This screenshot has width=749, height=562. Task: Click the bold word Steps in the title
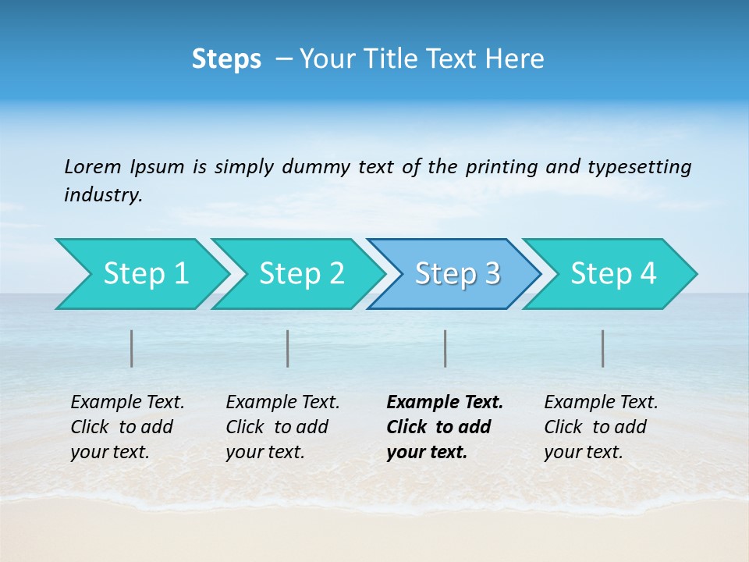tap(226, 59)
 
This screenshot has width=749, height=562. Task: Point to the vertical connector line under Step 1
tap(132, 348)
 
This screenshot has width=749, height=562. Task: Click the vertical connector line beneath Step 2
tap(288, 348)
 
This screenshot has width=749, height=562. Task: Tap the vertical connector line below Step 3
tap(445, 348)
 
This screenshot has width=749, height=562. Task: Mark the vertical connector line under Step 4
tap(603, 348)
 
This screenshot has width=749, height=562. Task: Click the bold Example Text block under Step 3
tap(445, 427)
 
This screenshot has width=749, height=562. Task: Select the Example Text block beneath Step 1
tap(127, 427)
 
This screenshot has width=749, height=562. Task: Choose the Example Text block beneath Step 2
tap(282, 427)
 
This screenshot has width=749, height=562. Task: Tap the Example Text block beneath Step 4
tap(601, 427)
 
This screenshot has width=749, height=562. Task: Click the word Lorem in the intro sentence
tap(93, 167)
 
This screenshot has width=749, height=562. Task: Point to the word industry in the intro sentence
tap(103, 195)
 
